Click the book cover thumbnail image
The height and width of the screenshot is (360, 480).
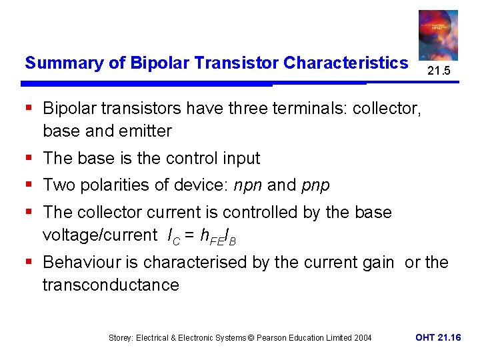pos(437,35)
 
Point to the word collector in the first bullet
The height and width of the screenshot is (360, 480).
pos(386,108)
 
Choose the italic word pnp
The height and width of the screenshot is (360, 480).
pos(315,185)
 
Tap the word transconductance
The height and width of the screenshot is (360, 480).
pos(111,285)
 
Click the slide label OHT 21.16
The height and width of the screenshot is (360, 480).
pos(437,338)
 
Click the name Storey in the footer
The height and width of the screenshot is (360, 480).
pos(121,338)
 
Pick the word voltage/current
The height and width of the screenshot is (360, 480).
pos(97,235)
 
